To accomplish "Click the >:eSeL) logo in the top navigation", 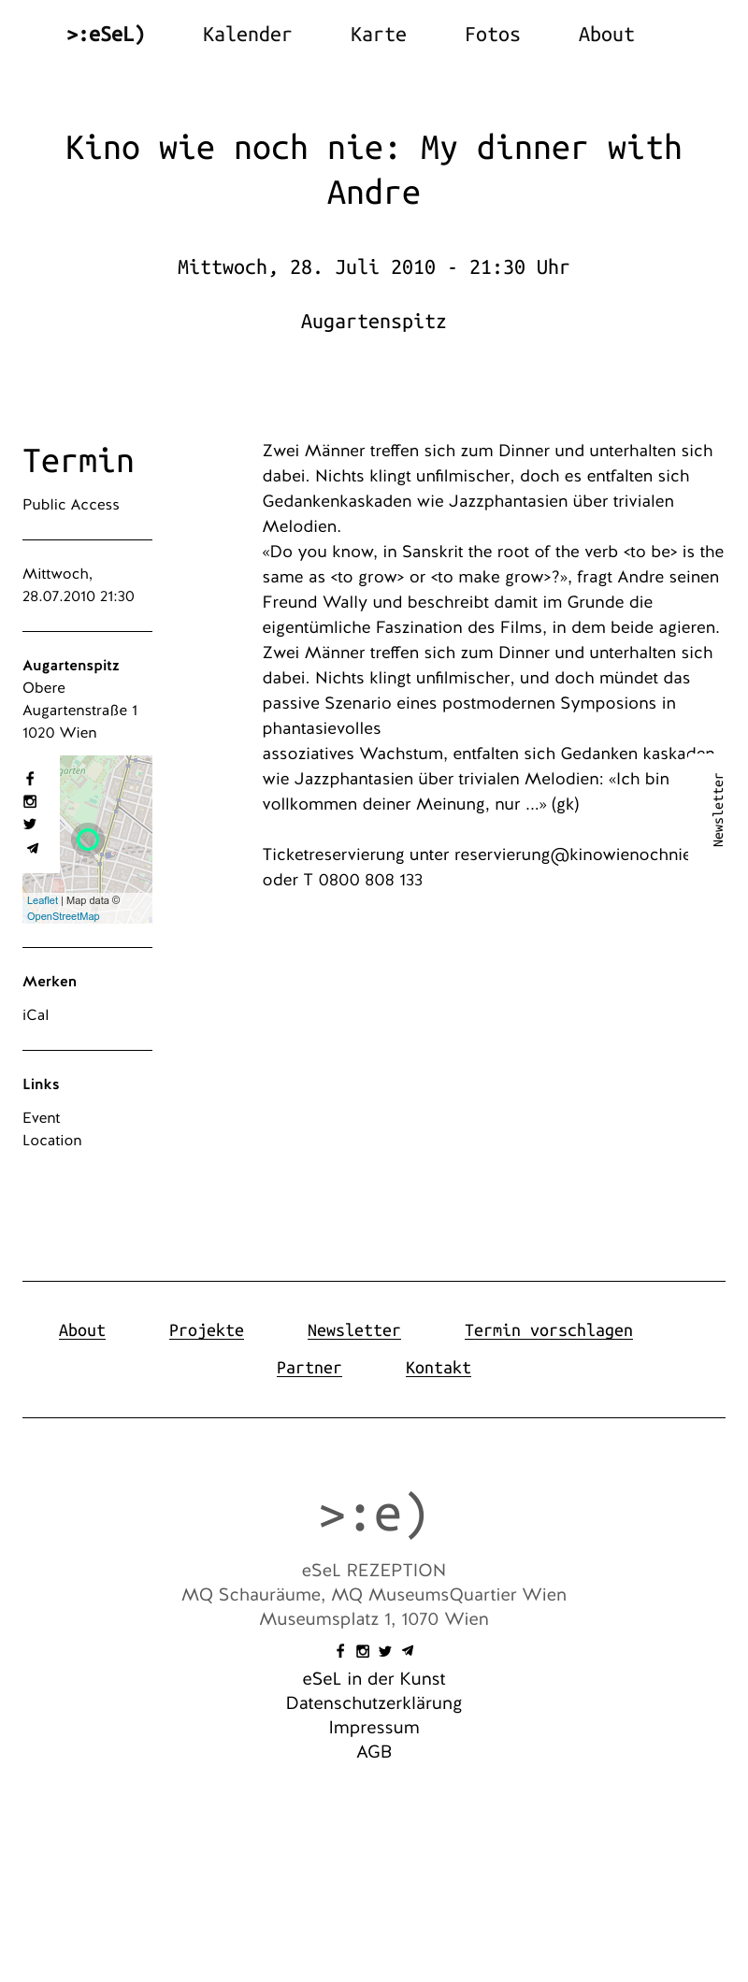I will pyautogui.click(x=106, y=35).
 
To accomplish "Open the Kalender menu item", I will pyautogui.click(x=247, y=35).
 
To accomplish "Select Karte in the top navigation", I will pyautogui.click(x=378, y=35).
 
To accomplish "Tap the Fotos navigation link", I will pyautogui.click(x=492, y=35).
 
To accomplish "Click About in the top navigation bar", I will pyautogui.click(x=606, y=35).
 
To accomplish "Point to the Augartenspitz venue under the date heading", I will pyautogui.click(x=373, y=322).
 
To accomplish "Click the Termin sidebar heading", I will pyautogui.click(x=79, y=461).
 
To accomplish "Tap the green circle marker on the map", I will pyautogui.click(x=88, y=840).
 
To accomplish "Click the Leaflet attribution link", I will pyautogui.click(x=42, y=900).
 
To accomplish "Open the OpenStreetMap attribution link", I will pyautogui.click(x=63, y=916).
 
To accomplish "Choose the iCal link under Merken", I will pyautogui.click(x=36, y=1015).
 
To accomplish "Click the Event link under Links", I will pyautogui.click(x=41, y=1118).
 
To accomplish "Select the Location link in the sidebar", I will pyautogui.click(x=52, y=1141).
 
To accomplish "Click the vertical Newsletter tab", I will pyautogui.click(x=718, y=810).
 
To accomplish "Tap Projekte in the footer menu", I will pyautogui.click(x=206, y=1330).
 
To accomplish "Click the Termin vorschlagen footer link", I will pyautogui.click(x=548, y=1330).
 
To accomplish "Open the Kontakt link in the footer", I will pyautogui.click(x=438, y=1368).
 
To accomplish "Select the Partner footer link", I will pyautogui.click(x=309, y=1368).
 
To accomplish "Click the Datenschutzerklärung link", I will pyautogui.click(x=373, y=1703).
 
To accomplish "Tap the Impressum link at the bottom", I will pyautogui.click(x=373, y=1728).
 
